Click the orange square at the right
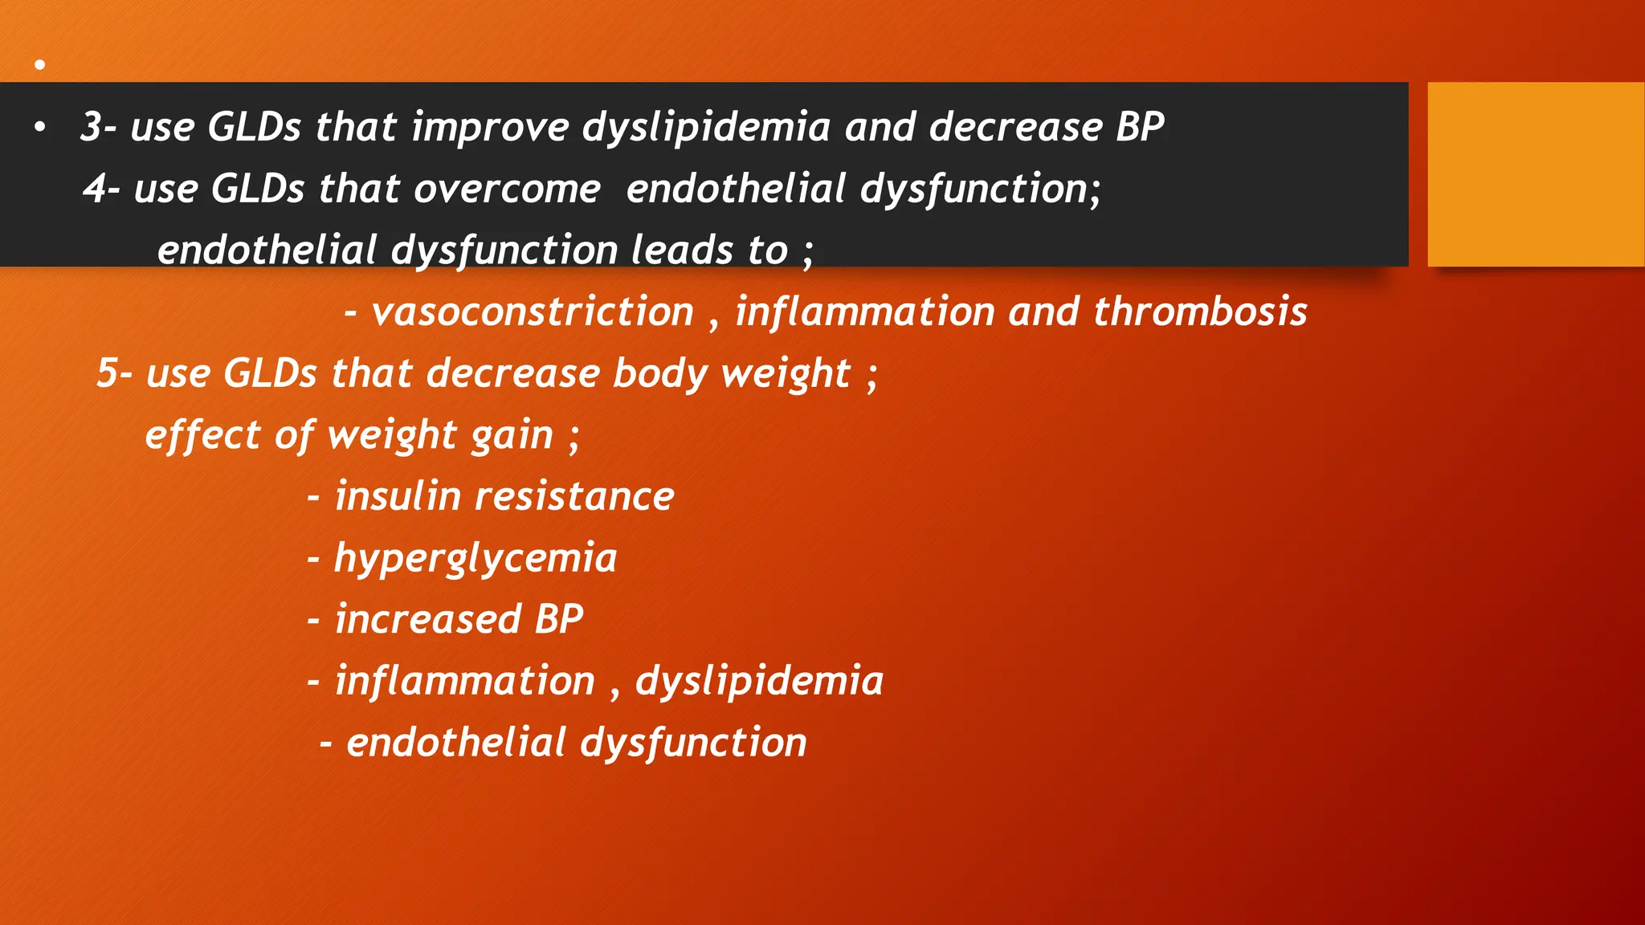tap(1536, 174)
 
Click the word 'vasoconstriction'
tap(533, 312)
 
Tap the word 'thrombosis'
tap(1200, 312)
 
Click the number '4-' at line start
tap(102, 189)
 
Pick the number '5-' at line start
tap(115, 373)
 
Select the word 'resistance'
tap(574, 496)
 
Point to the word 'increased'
tap(428, 620)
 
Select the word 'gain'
tap(512, 436)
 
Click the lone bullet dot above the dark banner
tap(39, 64)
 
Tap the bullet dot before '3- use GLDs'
tap(39, 127)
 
